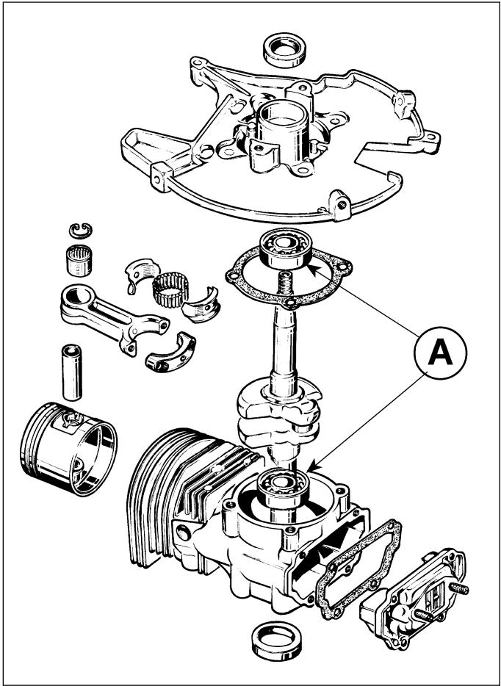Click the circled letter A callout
click(440, 353)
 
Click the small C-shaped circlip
click(81, 230)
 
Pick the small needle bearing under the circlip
click(80, 260)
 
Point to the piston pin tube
click(72, 372)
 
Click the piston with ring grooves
click(69, 448)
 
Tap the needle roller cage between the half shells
click(170, 289)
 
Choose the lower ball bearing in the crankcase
click(283, 488)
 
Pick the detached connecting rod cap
click(170, 353)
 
